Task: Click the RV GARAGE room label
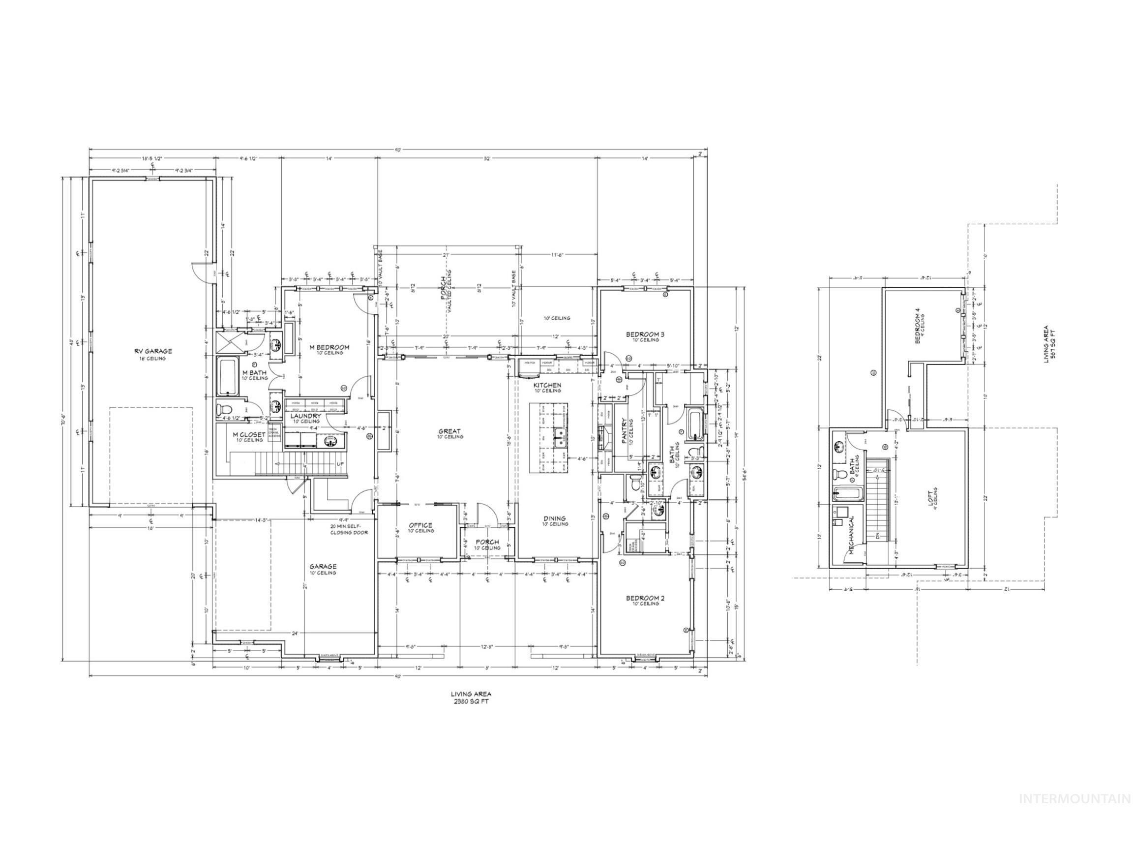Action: (x=153, y=352)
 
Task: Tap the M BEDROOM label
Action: (x=329, y=347)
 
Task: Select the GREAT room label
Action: (x=449, y=431)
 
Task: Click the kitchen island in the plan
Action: (x=549, y=438)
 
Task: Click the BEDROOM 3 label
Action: (x=645, y=334)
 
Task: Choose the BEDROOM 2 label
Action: (x=645, y=598)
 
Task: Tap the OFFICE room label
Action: (x=420, y=525)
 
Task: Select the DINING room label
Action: (x=554, y=518)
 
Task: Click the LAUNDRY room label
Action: (x=306, y=416)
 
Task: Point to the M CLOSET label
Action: (x=249, y=435)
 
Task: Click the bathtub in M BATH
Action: (x=227, y=377)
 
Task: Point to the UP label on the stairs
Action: (x=340, y=464)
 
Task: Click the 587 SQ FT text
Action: (x=1053, y=344)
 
